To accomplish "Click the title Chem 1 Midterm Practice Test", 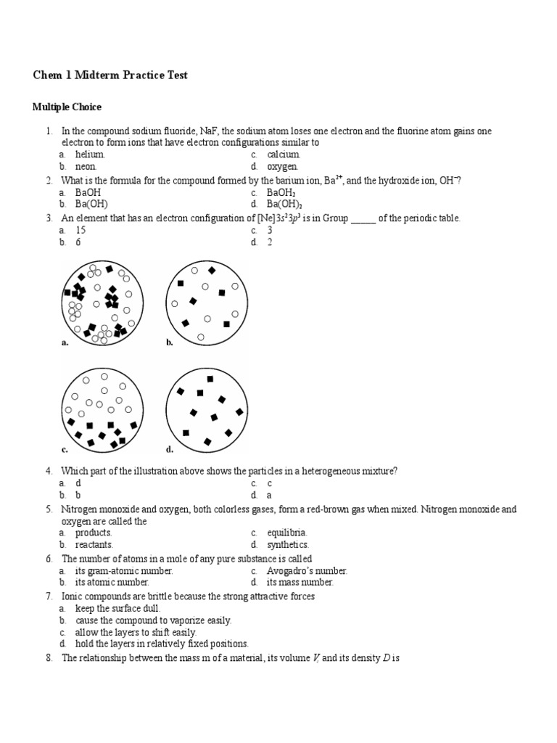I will [110, 75].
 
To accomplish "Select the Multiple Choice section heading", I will [67, 107].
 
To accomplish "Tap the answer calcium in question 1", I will [283, 155].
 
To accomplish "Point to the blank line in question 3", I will [363, 218].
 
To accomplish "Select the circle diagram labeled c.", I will [101, 409].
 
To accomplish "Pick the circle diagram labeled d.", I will [206, 409].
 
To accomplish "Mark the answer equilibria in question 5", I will [286, 533].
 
